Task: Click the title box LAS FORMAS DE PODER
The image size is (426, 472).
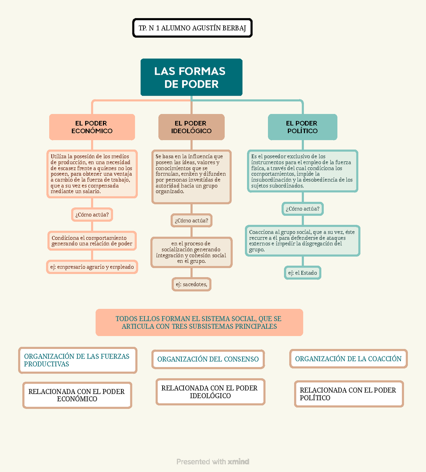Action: (191, 77)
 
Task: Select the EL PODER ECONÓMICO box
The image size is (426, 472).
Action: (92, 127)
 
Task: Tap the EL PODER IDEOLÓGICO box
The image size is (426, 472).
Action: (191, 127)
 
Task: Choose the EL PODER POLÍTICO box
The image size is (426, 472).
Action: (302, 127)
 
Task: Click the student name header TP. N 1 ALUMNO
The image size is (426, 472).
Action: (192, 28)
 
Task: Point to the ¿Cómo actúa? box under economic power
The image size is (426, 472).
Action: (92, 215)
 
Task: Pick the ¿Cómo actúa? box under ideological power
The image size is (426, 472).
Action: (191, 221)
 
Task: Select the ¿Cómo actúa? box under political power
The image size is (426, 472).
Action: (302, 209)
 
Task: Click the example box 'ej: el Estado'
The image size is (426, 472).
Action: (302, 273)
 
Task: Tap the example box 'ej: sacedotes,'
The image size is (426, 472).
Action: (191, 284)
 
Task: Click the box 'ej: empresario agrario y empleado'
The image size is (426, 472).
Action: (92, 267)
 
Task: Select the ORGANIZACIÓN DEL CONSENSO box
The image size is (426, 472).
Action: (208, 359)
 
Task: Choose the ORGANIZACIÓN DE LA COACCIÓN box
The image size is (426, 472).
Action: (348, 359)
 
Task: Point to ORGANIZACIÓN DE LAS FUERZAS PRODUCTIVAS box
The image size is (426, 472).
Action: (78, 360)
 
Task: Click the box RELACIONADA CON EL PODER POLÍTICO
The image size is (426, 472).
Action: (349, 394)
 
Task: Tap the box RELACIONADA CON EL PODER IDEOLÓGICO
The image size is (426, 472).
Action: (211, 392)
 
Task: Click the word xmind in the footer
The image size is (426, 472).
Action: (238, 462)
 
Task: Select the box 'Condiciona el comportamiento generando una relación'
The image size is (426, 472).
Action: (92, 241)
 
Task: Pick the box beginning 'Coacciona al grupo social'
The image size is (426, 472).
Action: (302, 241)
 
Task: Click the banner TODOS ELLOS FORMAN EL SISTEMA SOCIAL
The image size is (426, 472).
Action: (199, 322)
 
